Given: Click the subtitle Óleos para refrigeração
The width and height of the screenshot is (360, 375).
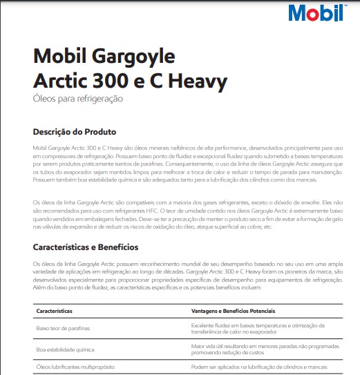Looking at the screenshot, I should [x=78, y=99].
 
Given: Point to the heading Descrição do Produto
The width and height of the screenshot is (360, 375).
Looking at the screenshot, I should [x=75, y=131].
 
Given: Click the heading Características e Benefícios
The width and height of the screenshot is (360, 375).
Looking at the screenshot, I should [x=86, y=247].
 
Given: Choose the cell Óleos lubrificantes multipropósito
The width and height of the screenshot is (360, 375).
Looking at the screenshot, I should [x=75, y=368].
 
